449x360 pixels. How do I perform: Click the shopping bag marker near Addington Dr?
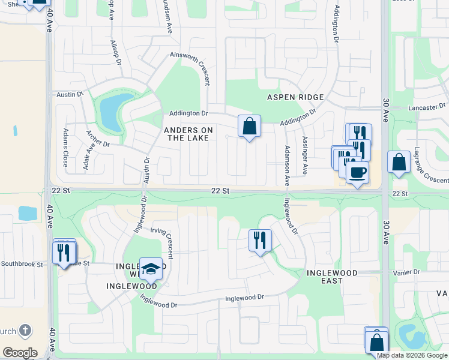coord(249,127)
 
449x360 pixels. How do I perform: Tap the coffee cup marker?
coord(357,173)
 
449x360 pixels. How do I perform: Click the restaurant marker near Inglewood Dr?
coord(260,241)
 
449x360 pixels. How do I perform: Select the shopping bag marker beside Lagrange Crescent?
coord(399,163)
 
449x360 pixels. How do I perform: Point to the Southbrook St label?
coord(22,263)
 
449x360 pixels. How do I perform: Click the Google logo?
coord(20,353)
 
